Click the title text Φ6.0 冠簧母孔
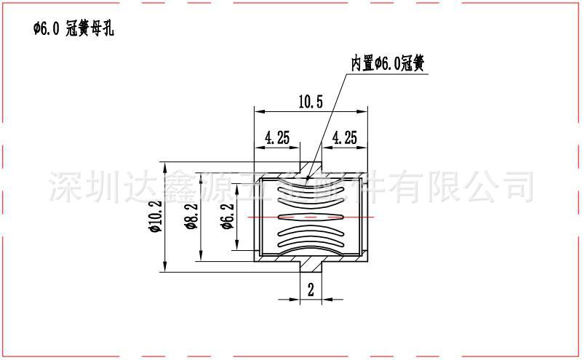73,29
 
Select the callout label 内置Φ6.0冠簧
388,64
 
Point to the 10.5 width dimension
310,102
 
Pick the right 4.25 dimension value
344,137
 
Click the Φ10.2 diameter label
154,216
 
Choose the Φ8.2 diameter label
191,216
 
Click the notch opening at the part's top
311,167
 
